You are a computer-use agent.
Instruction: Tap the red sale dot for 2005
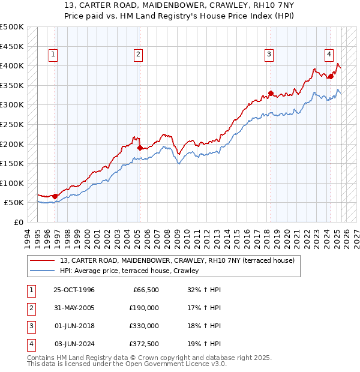[x=140, y=148]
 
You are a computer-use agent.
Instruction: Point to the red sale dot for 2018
[x=271, y=93]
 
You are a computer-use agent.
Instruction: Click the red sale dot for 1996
[x=55, y=196]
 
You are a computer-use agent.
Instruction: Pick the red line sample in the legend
[x=43, y=260]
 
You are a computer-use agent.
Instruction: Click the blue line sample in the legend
[x=43, y=271]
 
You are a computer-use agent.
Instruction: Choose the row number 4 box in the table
[x=29, y=344]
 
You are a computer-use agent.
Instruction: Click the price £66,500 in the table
[x=144, y=290]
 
